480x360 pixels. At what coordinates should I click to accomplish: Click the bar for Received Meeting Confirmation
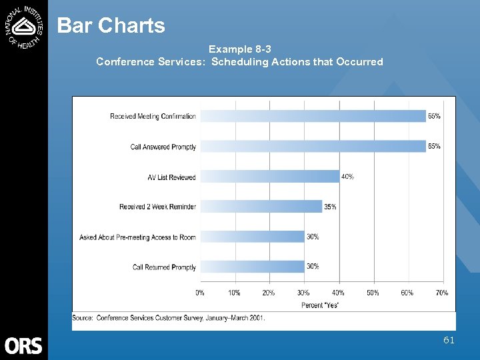(313, 116)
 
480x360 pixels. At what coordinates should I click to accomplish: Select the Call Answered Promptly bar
(313, 146)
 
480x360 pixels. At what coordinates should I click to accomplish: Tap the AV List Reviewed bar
(269, 177)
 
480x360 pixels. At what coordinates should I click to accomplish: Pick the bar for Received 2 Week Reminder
(261, 207)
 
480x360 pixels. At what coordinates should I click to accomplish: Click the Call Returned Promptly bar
(252, 267)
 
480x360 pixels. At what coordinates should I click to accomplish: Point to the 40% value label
(347, 177)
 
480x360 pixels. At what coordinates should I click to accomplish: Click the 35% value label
(330, 207)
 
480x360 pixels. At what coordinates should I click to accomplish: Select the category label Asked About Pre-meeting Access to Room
(137, 237)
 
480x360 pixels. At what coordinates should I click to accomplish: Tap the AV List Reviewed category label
(171, 177)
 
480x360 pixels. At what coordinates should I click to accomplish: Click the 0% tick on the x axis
(200, 293)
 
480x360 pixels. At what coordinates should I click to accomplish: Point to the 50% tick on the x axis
(373, 293)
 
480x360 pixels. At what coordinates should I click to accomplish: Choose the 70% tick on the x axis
(441, 293)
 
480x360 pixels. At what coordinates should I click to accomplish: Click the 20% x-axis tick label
(269, 293)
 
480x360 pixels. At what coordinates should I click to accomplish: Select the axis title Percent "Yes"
(320, 305)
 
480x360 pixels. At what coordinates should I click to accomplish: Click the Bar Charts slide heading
(111, 25)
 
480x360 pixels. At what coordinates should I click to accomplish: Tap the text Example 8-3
(239, 49)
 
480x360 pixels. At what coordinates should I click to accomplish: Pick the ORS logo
(23, 345)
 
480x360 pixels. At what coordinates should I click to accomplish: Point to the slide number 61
(449, 340)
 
